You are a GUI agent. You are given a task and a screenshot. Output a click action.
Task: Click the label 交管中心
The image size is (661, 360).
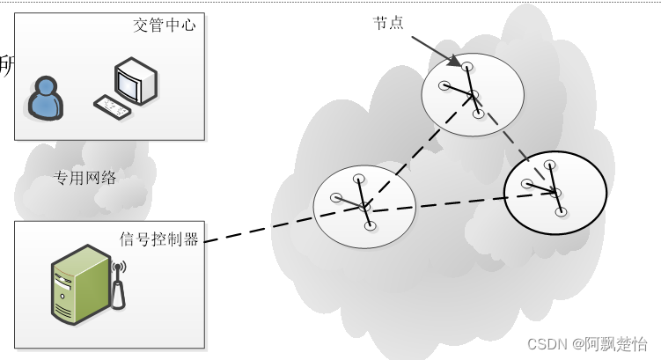pos(164,26)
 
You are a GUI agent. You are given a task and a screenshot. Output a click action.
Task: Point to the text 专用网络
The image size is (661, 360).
pos(85,178)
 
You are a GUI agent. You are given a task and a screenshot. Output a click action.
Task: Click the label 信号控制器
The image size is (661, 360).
pos(159,239)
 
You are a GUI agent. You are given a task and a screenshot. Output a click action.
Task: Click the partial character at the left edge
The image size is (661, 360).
pos(5,66)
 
